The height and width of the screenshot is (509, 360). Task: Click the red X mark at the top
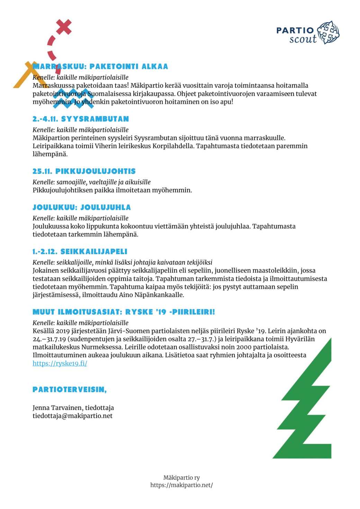coord(64,27)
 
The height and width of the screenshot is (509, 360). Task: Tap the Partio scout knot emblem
coord(328,33)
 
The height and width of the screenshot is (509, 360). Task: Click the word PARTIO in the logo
coord(295,30)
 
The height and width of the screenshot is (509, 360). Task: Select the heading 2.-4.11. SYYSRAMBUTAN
coord(81,119)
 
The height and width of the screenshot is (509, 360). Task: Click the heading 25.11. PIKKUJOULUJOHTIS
coord(84,171)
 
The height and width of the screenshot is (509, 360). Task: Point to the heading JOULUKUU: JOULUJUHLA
coord(82,207)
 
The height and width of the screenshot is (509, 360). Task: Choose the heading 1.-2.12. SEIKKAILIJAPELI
coord(80,252)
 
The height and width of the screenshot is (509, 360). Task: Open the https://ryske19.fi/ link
coord(60,363)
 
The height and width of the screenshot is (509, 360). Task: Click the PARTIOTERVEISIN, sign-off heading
coord(70,390)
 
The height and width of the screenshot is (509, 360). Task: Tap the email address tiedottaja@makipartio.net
coord(73,416)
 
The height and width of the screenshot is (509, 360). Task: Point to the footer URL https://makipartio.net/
coord(181,485)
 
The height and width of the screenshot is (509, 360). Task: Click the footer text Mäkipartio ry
coord(181,478)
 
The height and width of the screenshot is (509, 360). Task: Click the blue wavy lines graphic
coord(73,98)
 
